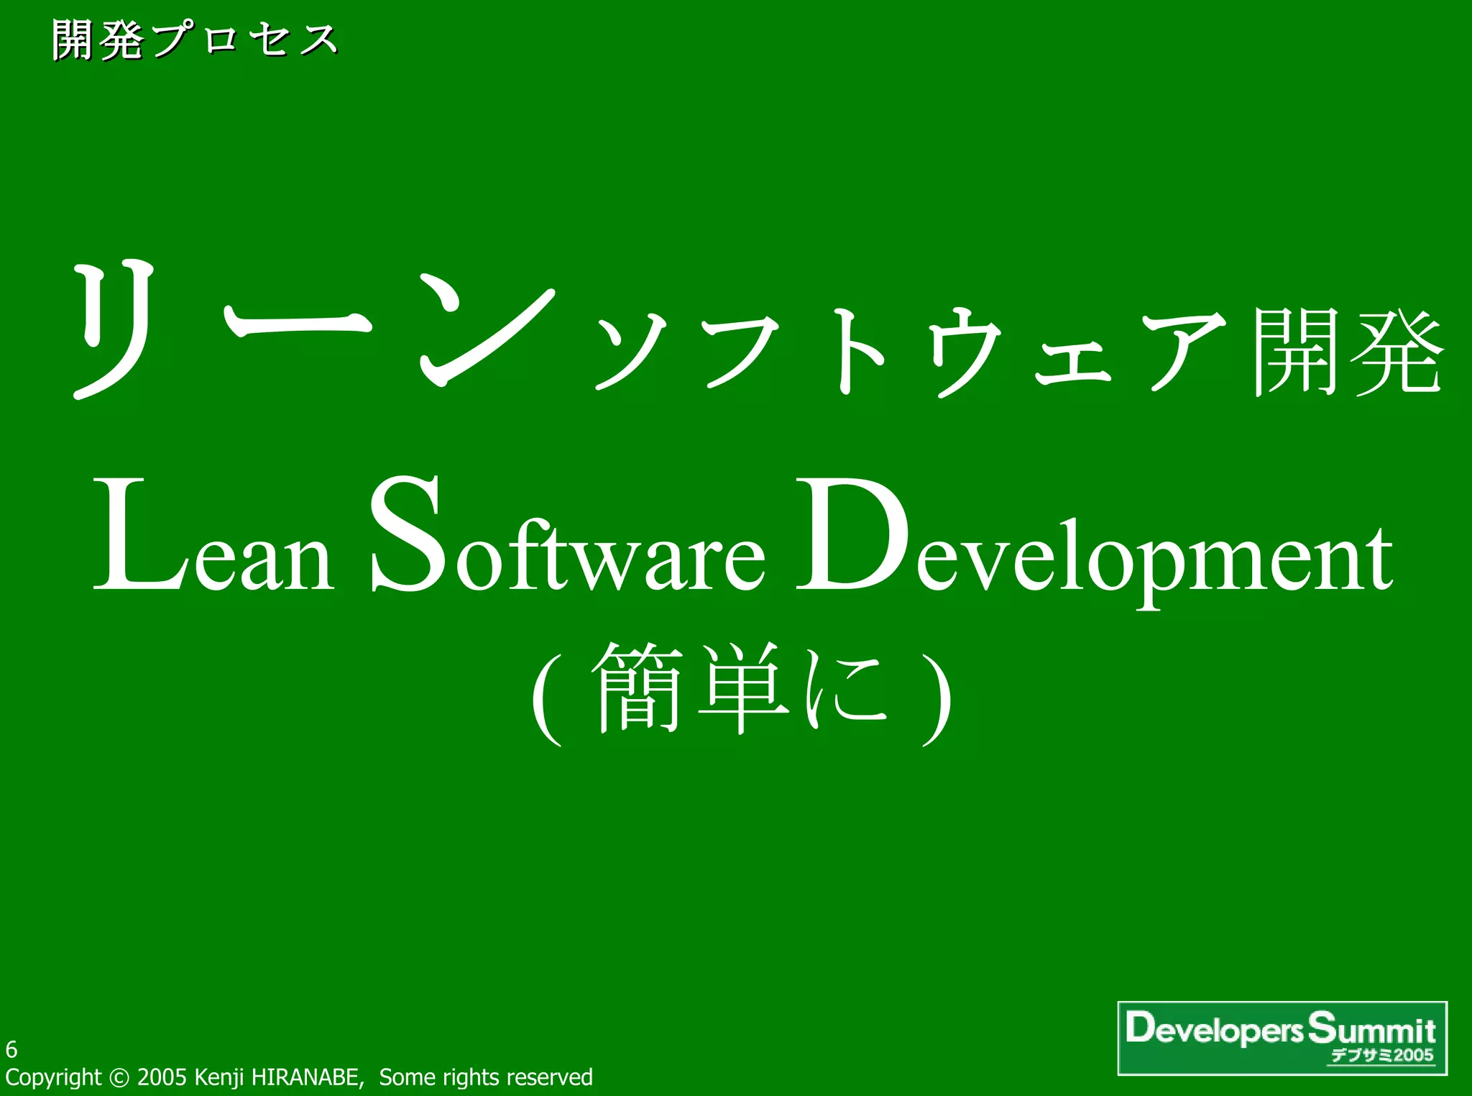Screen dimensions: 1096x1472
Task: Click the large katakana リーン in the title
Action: tap(313, 327)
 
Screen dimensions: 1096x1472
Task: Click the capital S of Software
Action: tap(406, 536)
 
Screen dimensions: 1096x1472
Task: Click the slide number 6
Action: tap(11, 1049)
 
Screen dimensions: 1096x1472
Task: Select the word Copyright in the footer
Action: tap(53, 1077)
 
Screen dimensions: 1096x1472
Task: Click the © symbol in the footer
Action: tap(119, 1077)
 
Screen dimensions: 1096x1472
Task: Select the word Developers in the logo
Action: tap(1214, 1029)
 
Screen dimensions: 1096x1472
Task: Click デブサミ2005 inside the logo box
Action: tap(1381, 1056)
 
